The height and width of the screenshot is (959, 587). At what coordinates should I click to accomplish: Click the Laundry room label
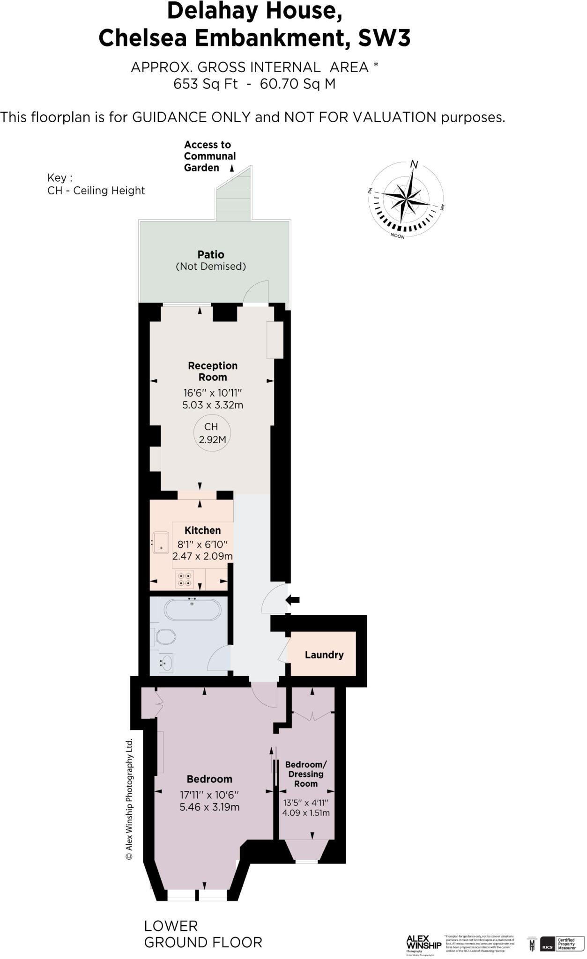click(x=324, y=655)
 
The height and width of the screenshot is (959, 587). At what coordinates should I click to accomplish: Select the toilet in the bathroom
click(x=165, y=637)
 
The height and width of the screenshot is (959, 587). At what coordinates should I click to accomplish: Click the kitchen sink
click(x=161, y=543)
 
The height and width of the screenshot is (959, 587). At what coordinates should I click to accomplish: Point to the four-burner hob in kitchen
click(x=184, y=580)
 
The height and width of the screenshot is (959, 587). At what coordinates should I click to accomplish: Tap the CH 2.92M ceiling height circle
click(x=211, y=433)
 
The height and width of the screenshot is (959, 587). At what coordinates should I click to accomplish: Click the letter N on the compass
click(x=414, y=164)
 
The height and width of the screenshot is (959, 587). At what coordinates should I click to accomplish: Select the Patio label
click(x=211, y=255)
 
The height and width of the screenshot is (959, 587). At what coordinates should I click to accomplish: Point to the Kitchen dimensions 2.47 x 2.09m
click(x=202, y=556)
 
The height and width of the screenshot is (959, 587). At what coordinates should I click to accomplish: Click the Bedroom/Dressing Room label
click(x=306, y=774)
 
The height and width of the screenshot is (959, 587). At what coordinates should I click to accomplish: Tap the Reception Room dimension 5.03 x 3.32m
click(x=213, y=405)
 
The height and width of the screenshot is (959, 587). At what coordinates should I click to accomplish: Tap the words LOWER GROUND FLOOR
click(x=202, y=934)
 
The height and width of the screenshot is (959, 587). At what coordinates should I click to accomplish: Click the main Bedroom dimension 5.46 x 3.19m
click(x=209, y=807)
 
